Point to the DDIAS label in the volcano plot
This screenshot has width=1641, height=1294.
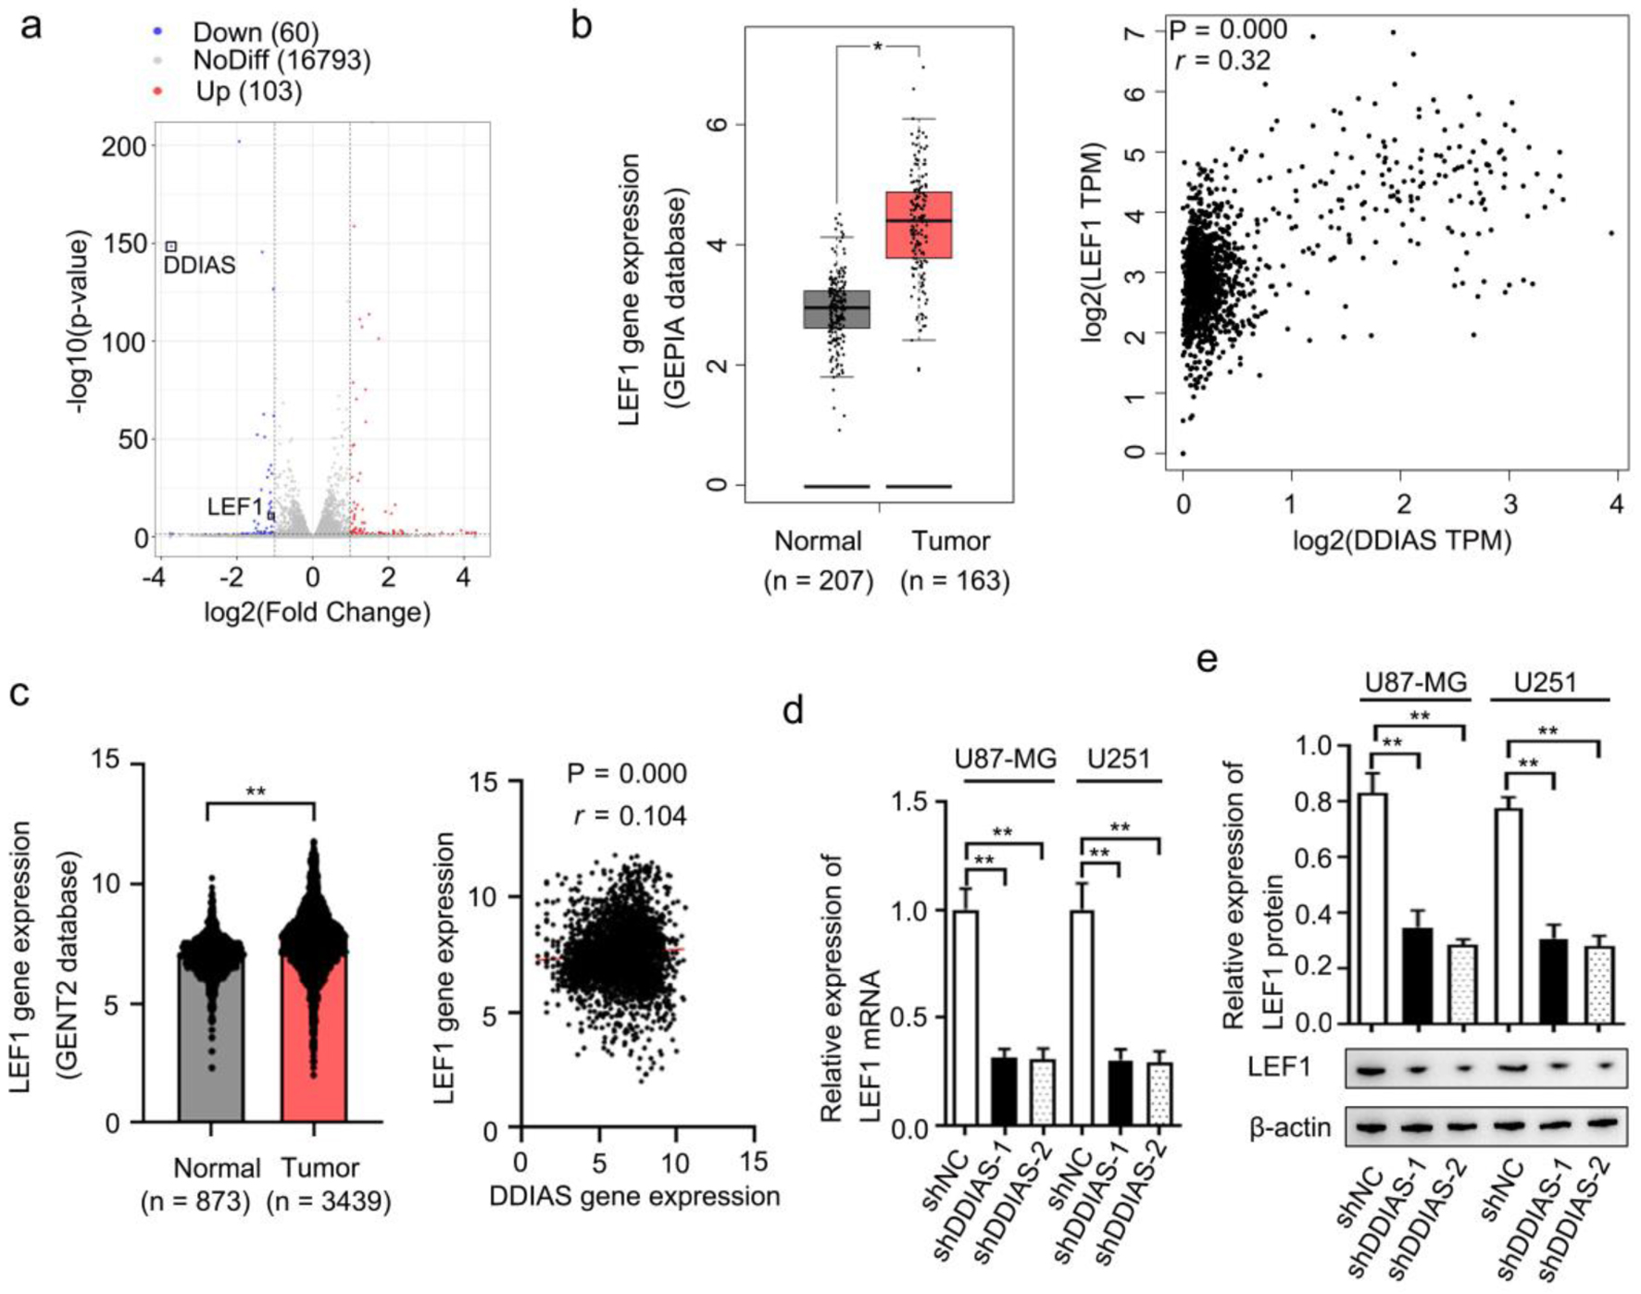pyautogui.click(x=199, y=266)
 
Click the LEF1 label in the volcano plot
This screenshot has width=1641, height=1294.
pyautogui.click(x=234, y=506)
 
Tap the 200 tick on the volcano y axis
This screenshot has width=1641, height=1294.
pyautogui.click(x=124, y=147)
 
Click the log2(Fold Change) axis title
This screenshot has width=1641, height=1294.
pyautogui.click(x=318, y=613)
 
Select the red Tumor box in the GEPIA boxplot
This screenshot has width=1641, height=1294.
pyautogui.click(x=919, y=225)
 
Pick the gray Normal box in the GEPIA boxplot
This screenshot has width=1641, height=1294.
pyautogui.click(x=836, y=309)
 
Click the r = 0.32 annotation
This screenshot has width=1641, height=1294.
pyautogui.click(x=1222, y=61)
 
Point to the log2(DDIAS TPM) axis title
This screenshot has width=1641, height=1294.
pyautogui.click(x=1402, y=541)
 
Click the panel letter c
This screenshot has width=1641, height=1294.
pyautogui.click(x=20, y=692)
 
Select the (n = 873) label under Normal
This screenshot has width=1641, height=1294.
pyautogui.click(x=195, y=1201)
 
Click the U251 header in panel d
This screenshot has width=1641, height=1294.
pyautogui.click(x=1119, y=760)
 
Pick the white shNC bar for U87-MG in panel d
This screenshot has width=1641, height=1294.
pyautogui.click(x=966, y=1018)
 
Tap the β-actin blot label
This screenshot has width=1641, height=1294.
pyautogui.click(x=1290, y=1127)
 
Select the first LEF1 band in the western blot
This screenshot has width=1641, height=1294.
pyautogui.click(x=1372, y=1070)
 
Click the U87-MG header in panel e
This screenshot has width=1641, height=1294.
pyautogui.click(x=1416, y=683)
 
